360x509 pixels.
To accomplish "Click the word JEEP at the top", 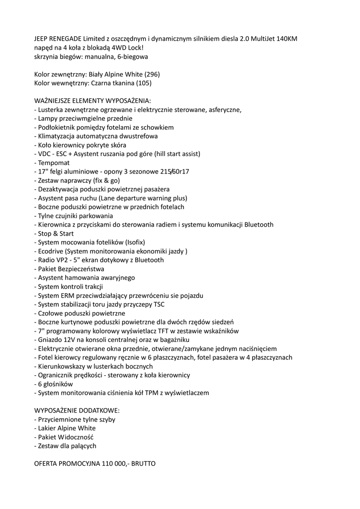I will coord(42,39).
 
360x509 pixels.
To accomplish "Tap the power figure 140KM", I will coord(288,39).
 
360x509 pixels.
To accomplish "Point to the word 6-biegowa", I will coord(131,57).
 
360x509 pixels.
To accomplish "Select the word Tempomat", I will coord(54,163).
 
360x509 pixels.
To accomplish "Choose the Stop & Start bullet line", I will coord(54,234).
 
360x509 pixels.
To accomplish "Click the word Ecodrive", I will coord(51,251).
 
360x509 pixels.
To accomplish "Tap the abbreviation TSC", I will coord(159,305).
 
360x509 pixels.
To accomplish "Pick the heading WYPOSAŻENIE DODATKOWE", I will coord(77,411).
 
